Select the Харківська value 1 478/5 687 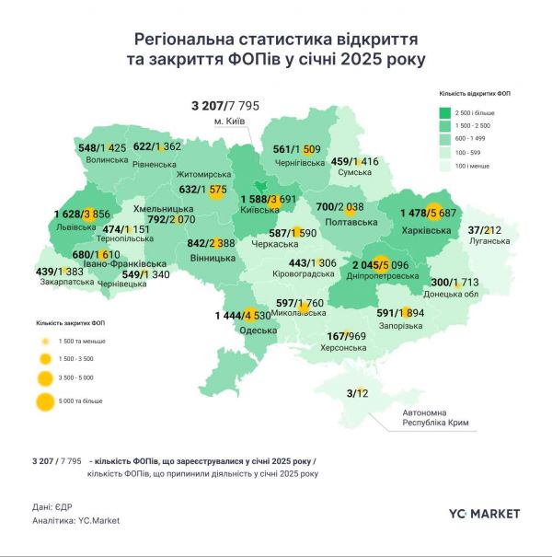point(433,214)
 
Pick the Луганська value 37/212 point(485,230)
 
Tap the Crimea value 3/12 point(358,394)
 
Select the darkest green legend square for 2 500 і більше point(443,110)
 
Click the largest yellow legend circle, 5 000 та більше point(43,401)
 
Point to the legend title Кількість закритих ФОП point(69,323)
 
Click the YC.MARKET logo point(484,513)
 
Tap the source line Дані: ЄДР point(55,505)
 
